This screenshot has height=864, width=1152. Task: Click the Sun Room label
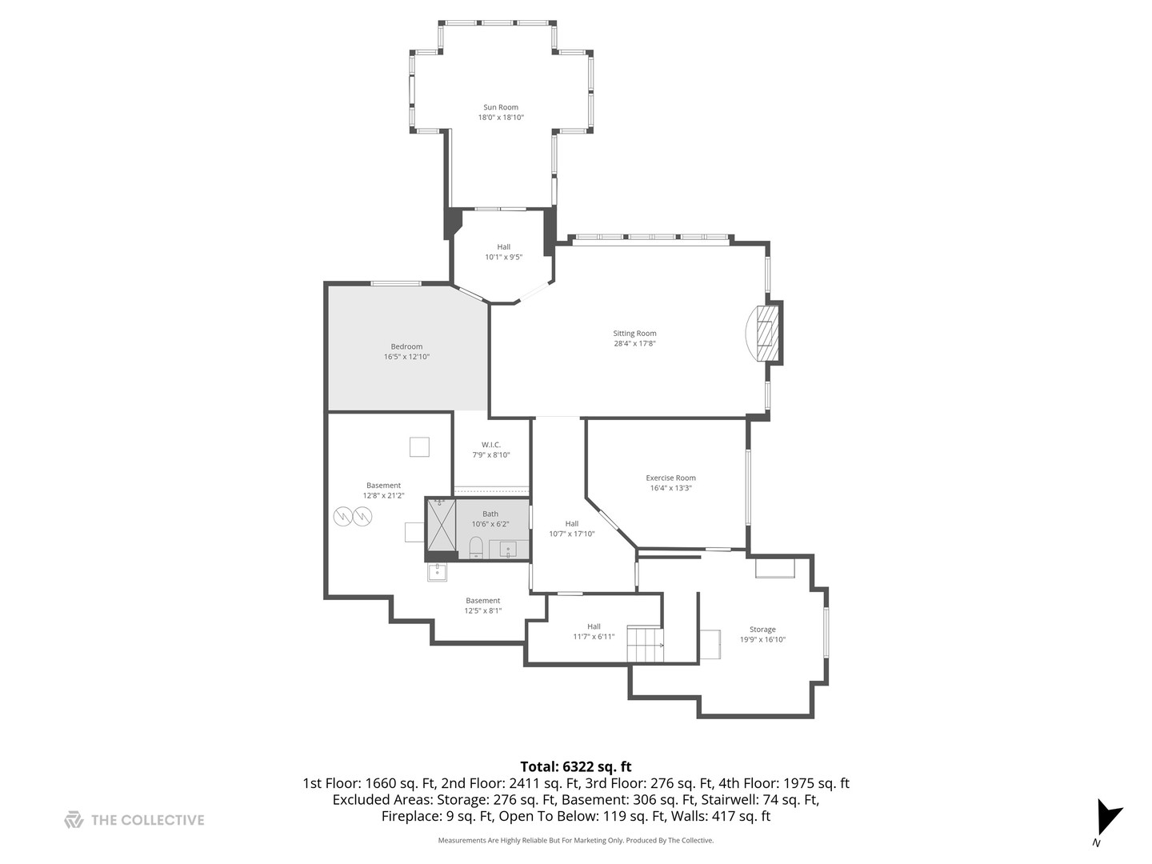tap(500, 107)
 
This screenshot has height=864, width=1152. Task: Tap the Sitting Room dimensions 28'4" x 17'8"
tap(634, 344)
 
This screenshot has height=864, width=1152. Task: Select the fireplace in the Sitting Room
tap(766, 333)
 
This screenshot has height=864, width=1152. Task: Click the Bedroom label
tap(406, 346)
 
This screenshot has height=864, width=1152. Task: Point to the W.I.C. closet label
tap(490, 445)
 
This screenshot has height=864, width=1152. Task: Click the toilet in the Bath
tap(476, 548)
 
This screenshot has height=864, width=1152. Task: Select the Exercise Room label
tap(670, 478)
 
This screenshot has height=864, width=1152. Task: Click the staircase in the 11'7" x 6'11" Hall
tap(645, 644)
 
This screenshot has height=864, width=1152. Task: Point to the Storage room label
tap(762, 630)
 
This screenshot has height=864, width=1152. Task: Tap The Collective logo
tap(134, 820)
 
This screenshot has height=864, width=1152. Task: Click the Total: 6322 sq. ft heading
tap(575, 766)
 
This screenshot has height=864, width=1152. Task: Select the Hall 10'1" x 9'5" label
tap(503, 247)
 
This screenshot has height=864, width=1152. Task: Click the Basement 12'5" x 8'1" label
tap(482, 601)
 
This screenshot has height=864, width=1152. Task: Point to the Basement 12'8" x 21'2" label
tap(383, 486)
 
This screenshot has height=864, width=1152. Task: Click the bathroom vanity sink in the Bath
tap(508, 550)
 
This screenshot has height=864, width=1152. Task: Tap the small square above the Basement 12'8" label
tap(419, 446)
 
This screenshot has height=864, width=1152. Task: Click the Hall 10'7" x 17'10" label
tap(571, 524)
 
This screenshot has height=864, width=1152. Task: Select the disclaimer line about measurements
tap(575, 841)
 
